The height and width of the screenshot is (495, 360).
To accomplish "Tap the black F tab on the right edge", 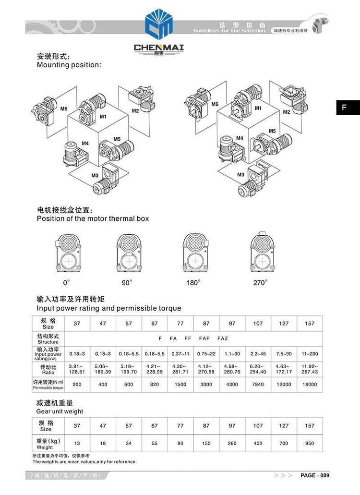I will [x=344, y=108].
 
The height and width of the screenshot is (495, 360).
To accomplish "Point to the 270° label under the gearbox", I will [x=260, y=283].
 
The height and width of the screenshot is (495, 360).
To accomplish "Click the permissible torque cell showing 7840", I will [x=258, y=384].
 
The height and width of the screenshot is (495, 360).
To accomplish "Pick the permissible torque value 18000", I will [x=310, y=384].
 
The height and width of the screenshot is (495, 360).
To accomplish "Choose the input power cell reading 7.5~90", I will [x=284, y=353].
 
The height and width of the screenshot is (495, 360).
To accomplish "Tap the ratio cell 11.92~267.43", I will [x=310, y=369].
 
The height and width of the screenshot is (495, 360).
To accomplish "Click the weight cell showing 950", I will [x=310, y=443].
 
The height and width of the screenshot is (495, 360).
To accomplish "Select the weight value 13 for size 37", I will [x=77, y=443].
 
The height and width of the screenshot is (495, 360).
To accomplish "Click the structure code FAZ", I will [x=223, y=338].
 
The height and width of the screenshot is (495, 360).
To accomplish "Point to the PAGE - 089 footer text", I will [x=315, y=475].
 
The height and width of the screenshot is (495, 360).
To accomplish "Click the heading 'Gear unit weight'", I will [x=60, y=411].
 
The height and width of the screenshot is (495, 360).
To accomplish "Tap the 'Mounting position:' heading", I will [x=69, y=65].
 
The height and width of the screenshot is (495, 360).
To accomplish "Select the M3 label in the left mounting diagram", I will [x=95, y=175].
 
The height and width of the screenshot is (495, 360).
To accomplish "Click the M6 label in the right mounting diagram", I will [x=215, y=104].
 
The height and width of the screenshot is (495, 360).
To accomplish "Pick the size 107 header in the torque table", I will [x=258, y=324].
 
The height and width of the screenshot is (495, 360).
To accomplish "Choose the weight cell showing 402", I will [x=258, y=443].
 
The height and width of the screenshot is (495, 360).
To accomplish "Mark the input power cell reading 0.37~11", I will [x=180, y=353].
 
